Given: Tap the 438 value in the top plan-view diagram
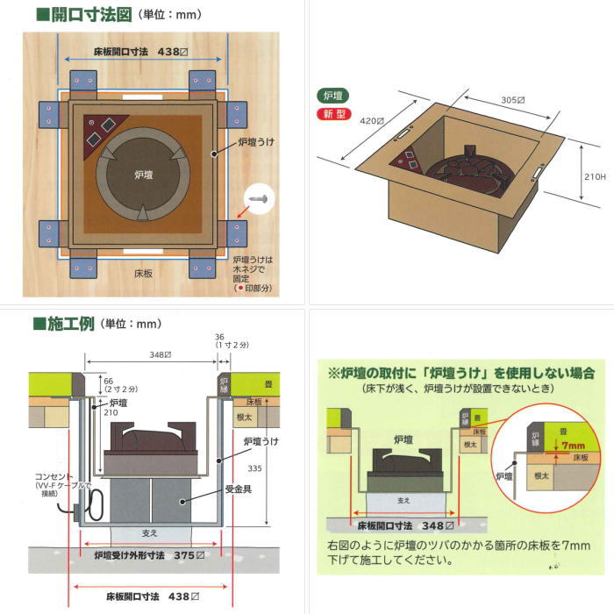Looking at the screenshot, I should [168, 53].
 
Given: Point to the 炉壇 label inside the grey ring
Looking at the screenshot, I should [144, 175].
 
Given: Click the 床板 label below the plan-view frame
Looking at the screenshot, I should [143, 274].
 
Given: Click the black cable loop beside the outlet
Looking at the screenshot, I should [96, 503].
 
